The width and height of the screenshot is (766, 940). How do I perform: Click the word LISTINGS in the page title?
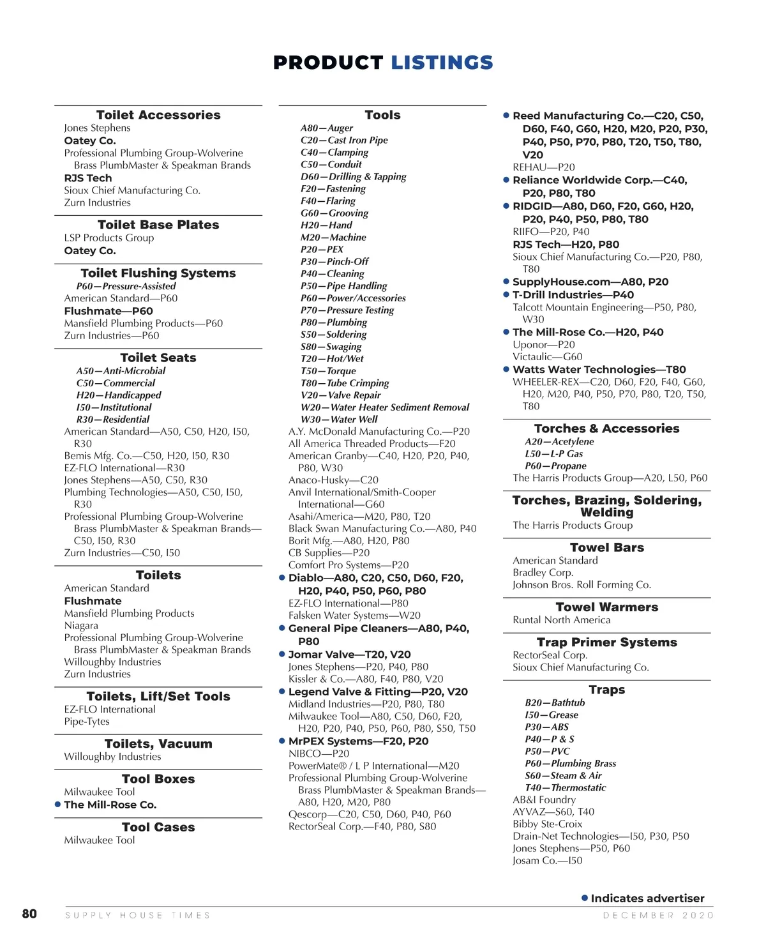point(442,63)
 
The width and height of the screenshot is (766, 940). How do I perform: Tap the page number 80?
point(29,914)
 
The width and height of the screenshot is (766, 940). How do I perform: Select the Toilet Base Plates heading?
point(158,225)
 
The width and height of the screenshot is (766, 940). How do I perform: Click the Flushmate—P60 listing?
point(109,311)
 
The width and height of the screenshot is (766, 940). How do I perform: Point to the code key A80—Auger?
point(327,128)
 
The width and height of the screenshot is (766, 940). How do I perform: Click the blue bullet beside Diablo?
point(282,578)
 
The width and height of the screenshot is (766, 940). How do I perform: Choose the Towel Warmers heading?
point(606,607)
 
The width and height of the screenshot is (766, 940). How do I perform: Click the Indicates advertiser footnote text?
point(647,898)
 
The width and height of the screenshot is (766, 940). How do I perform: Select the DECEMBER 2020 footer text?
point(658,915)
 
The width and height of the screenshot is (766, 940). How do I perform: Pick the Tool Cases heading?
point(158,827)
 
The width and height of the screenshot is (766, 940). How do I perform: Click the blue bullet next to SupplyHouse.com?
point(506,282)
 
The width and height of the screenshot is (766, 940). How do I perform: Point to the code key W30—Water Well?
point(339,420)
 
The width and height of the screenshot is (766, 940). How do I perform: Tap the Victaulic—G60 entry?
point(547,357)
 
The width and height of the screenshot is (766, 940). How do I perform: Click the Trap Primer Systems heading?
point(606,642)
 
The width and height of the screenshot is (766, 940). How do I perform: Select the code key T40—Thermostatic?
point(565,788)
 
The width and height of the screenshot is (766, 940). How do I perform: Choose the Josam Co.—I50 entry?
point(547,861)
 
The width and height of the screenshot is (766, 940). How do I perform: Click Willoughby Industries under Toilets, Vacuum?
point(112,757)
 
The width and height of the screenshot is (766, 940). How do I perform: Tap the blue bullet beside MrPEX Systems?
point(282,741)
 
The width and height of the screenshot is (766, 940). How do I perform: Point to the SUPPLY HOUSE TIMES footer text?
point(138,915)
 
